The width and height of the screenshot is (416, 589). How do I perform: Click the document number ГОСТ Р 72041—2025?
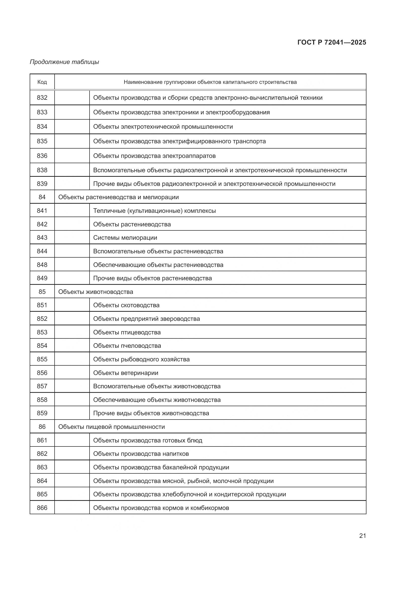pos(332,42)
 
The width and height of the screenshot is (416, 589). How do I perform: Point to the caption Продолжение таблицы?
pos(64,62)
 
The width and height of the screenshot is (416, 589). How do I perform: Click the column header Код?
pos(42,82)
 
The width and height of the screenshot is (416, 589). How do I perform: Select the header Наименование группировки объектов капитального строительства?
pos(210,82)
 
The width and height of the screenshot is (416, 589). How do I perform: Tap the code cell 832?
pos(42,98)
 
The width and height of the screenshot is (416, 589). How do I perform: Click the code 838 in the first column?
pos(42,170)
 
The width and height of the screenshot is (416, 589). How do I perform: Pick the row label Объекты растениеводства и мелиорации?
pos(118,197)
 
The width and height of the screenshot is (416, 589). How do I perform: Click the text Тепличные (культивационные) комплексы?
pos(154,211)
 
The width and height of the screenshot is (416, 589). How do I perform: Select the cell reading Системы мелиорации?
pos(125,237)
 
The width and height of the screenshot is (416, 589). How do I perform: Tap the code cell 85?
pos(42,292)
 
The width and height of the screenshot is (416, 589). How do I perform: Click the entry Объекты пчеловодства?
pos(127,345)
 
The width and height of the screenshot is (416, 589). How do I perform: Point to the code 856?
pos(42,373)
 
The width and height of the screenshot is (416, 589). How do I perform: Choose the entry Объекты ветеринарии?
pos(126,373)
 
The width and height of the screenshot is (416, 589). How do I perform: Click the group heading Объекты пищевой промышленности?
pos(111,427)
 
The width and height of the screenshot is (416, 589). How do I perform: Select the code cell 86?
pos(42,427)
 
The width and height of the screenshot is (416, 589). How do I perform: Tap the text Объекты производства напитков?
pos(141,454)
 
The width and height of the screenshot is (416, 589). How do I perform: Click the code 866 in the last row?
pos(42,508)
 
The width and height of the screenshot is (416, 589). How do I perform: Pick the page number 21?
pos(362,536)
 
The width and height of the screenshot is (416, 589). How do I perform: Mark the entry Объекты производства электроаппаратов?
pos(154,156)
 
